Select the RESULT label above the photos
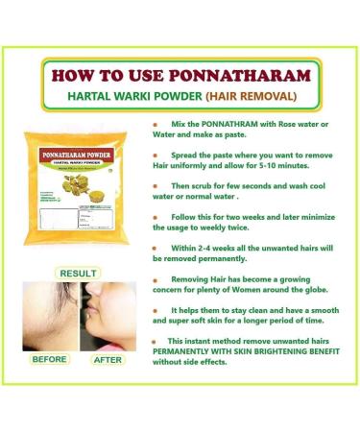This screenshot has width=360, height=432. [x=77, y=274]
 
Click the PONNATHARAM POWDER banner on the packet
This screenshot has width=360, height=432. [x=81, y=149]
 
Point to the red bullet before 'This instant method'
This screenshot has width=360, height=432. [x=154, y=342]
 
